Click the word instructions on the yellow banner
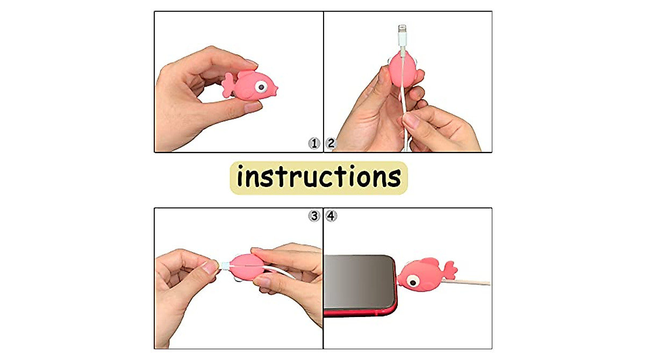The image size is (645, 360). point(319,177)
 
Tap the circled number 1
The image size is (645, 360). point(314,143)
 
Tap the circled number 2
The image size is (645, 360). point(331,143)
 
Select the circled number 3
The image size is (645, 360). point(314,216)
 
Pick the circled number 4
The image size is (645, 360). point(332,216)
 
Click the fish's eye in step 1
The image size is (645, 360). point(261,86)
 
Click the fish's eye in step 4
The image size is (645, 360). point(413,280)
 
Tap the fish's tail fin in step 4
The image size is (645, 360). point(449,269)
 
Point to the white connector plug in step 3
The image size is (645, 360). point(224,265)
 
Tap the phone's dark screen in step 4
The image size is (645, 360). point(357,282)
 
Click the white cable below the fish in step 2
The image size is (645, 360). point(404,116)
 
